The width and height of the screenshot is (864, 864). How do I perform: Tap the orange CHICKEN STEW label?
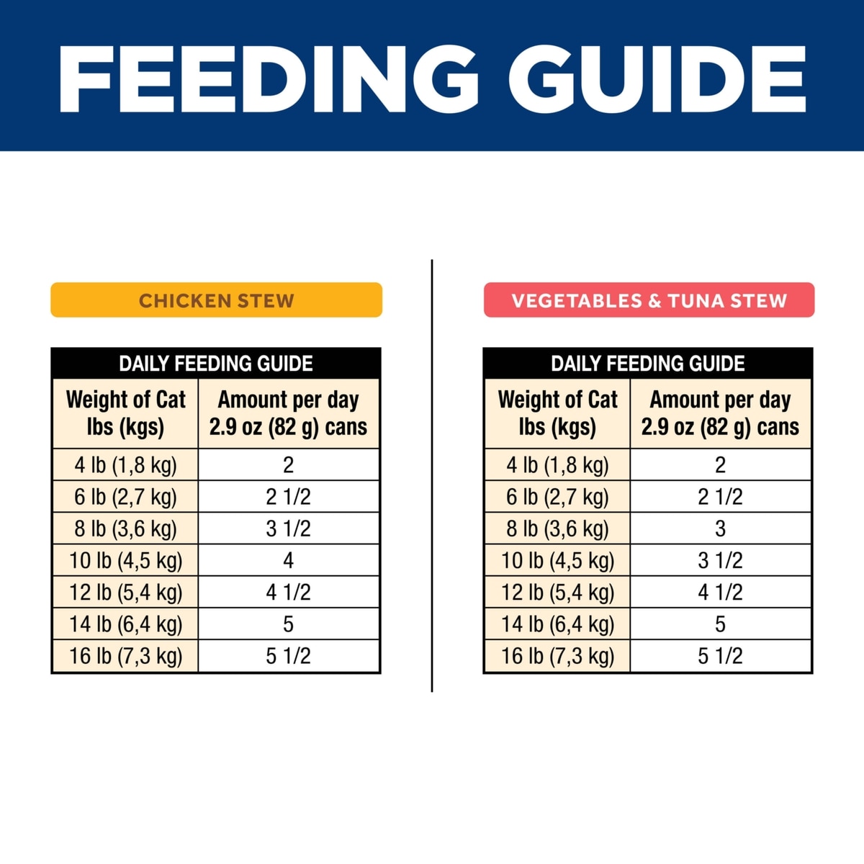click(x=216, y=300)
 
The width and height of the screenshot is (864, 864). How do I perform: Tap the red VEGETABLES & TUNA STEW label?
click(x=649, y=300)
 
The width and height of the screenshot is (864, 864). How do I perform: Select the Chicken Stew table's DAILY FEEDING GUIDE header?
click(x=216, y=364)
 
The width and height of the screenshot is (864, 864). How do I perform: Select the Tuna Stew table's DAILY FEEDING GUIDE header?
click(x=648, y=364)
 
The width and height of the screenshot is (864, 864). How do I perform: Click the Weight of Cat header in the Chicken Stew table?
click(x=125, y=413)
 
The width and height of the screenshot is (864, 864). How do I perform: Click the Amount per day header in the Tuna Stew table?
click(x=720, y=413)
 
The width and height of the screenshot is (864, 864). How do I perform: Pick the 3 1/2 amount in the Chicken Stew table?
click(x=288, y=528)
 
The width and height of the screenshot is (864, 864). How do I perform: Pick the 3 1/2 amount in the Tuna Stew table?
click(x=720, y=560)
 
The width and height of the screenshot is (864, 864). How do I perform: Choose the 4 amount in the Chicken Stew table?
click(x=288, y=560)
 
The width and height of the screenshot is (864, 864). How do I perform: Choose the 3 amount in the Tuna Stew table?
click(x=720, y=528)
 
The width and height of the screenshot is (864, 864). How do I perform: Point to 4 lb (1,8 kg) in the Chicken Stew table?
click(x=125, y=465)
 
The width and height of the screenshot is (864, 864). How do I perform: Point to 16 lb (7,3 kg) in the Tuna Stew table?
click(x=557, y=656)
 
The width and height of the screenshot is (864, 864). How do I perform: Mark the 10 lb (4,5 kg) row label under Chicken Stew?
click(x=125, y=560)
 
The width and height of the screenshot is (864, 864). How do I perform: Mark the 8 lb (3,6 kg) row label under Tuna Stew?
click(x=557, y=528)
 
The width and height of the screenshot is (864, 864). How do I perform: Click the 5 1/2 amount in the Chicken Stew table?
click(x=288, y=656)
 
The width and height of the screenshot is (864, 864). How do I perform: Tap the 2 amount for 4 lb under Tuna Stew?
click(x=720, y=465)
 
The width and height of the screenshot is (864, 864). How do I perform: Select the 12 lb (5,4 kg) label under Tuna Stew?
click(x=557, y=592)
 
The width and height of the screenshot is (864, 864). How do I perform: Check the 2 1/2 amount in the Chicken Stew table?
click(x=288, y=497)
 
